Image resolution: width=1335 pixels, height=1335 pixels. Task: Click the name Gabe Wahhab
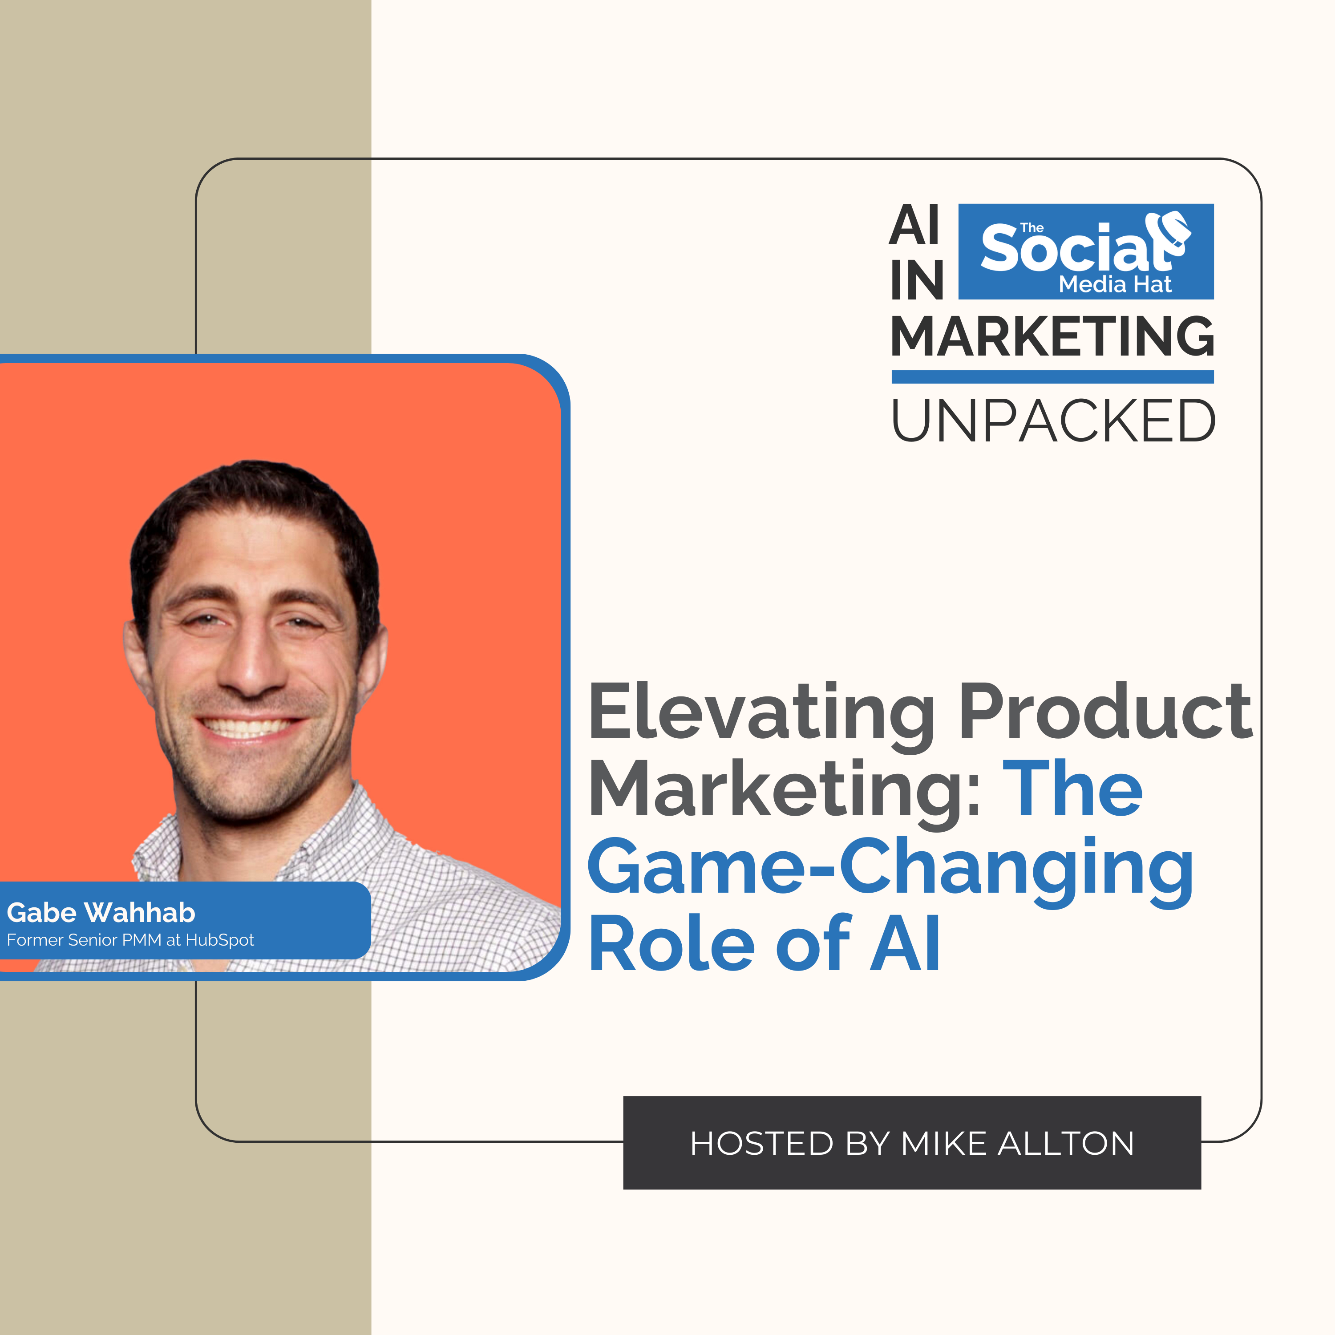click(101, 913)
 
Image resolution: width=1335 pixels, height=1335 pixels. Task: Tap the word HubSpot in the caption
click(220, 940)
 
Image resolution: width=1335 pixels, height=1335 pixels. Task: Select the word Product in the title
click(1105, 711)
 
